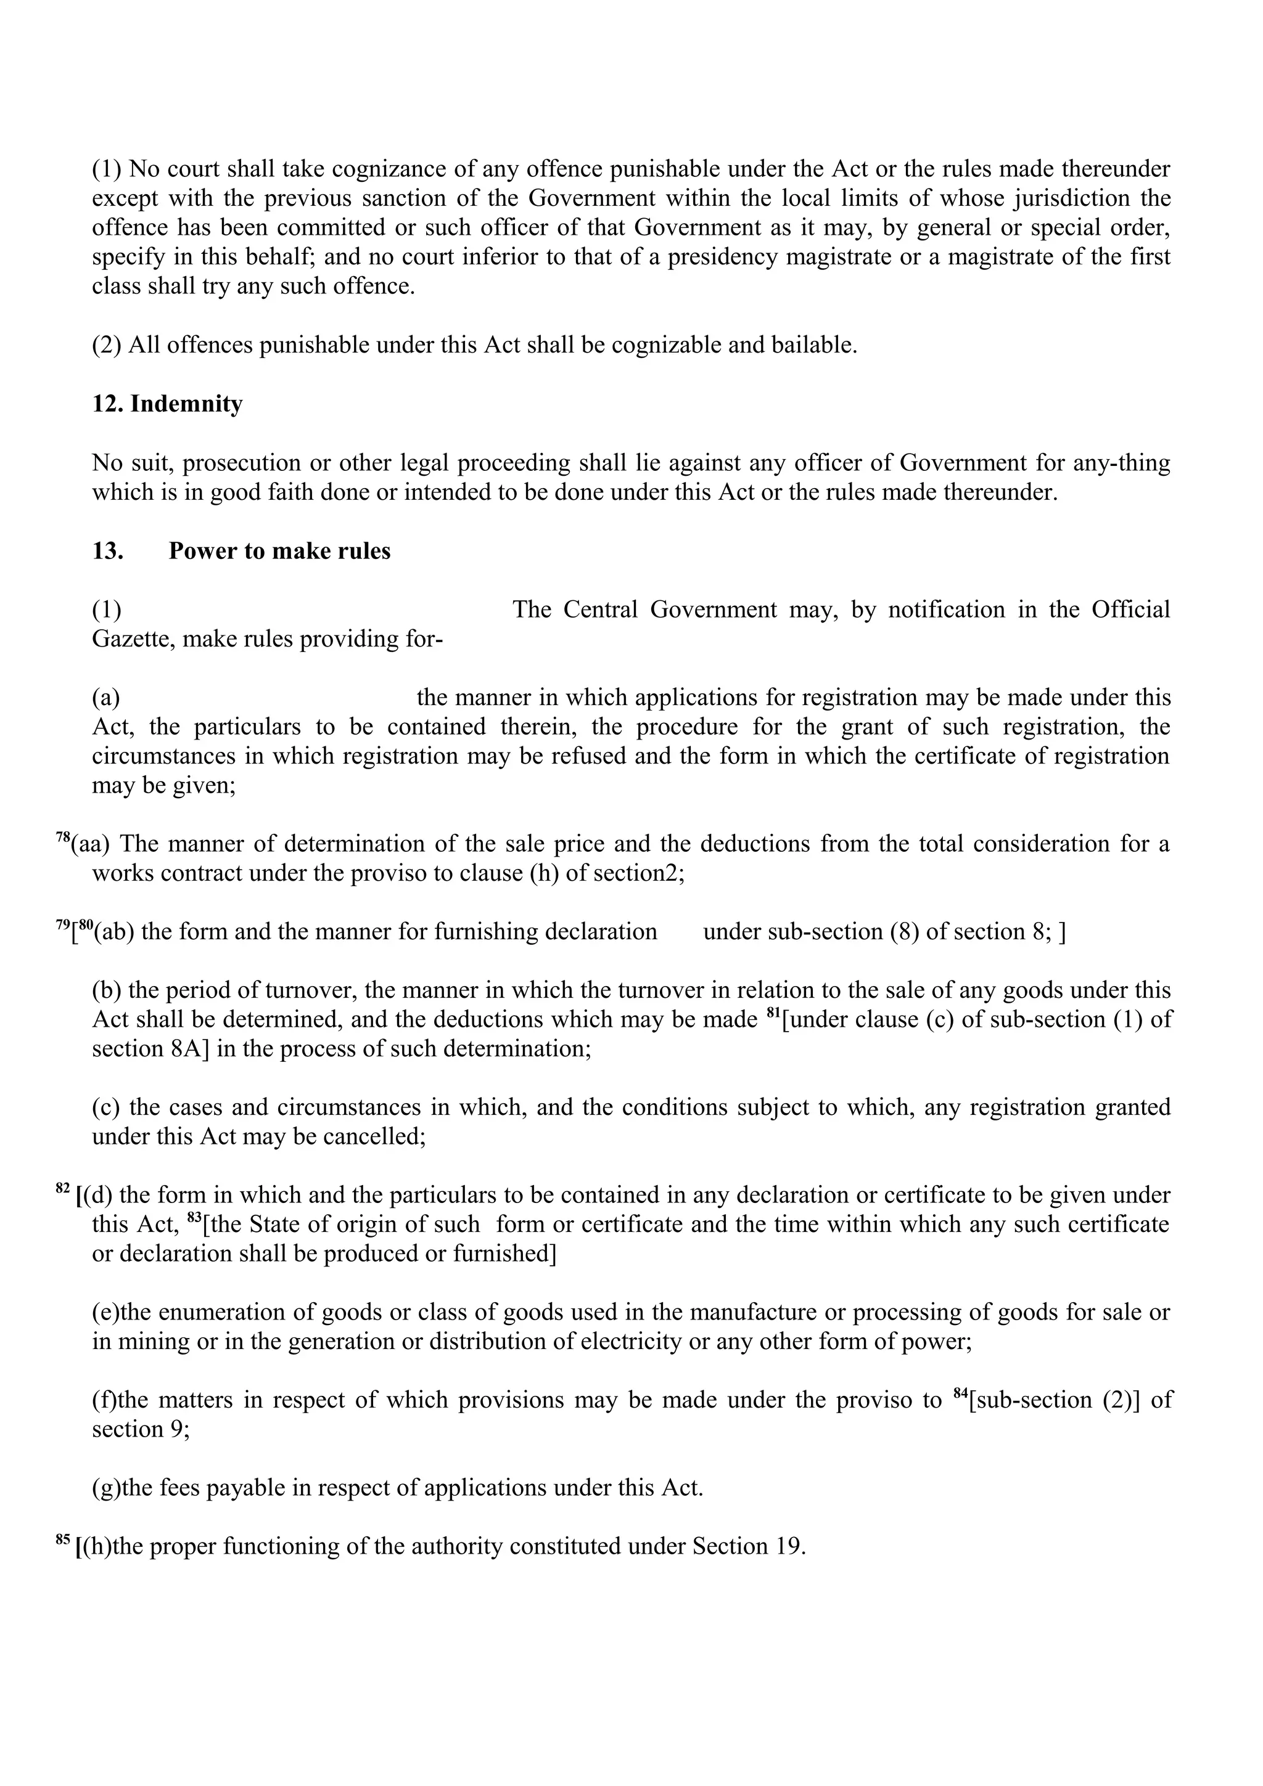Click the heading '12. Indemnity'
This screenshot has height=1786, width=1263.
pos(167,404)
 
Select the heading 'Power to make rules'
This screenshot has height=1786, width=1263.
pos(279,551)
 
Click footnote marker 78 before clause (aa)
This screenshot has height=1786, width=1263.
pos(62,838)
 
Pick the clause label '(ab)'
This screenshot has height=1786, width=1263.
pos(114,932)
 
